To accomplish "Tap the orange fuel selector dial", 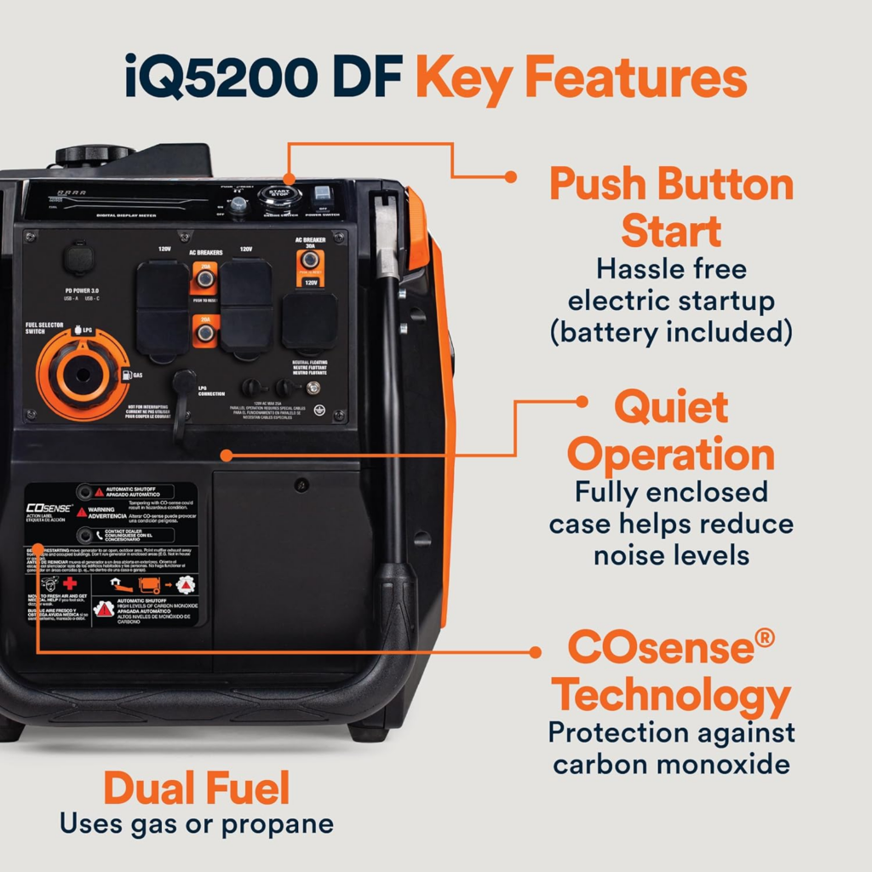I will pyautogui.click(x=82, y=375).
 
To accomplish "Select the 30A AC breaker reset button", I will pyautogui.click(x=311, y=260).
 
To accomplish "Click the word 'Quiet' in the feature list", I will pyautogui.click(x=671, y=408).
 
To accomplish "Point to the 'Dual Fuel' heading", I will pyautogui.click(x=197, y=789).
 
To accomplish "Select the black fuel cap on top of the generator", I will pyautogui.click(x=95, y=156).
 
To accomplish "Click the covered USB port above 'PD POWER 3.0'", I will pyautogui.click(x=79, y=261).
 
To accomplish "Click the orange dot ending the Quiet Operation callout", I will pyautogui.click(x=582, y=401).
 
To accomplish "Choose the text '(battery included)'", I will pyautogui.click(x=671, y=331).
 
